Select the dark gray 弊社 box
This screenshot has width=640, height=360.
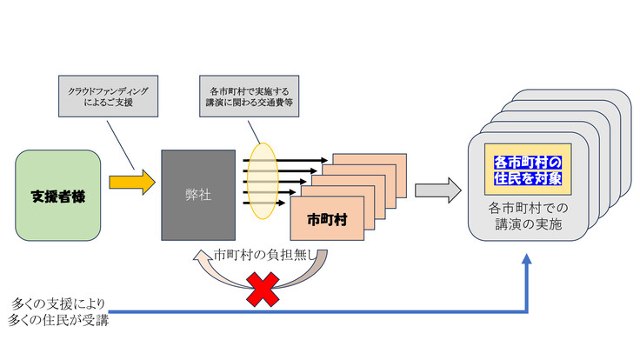197,195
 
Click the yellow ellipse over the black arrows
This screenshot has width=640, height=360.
257,181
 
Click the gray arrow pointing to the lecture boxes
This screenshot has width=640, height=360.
437,190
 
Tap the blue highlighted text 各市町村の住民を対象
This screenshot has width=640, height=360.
528,170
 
